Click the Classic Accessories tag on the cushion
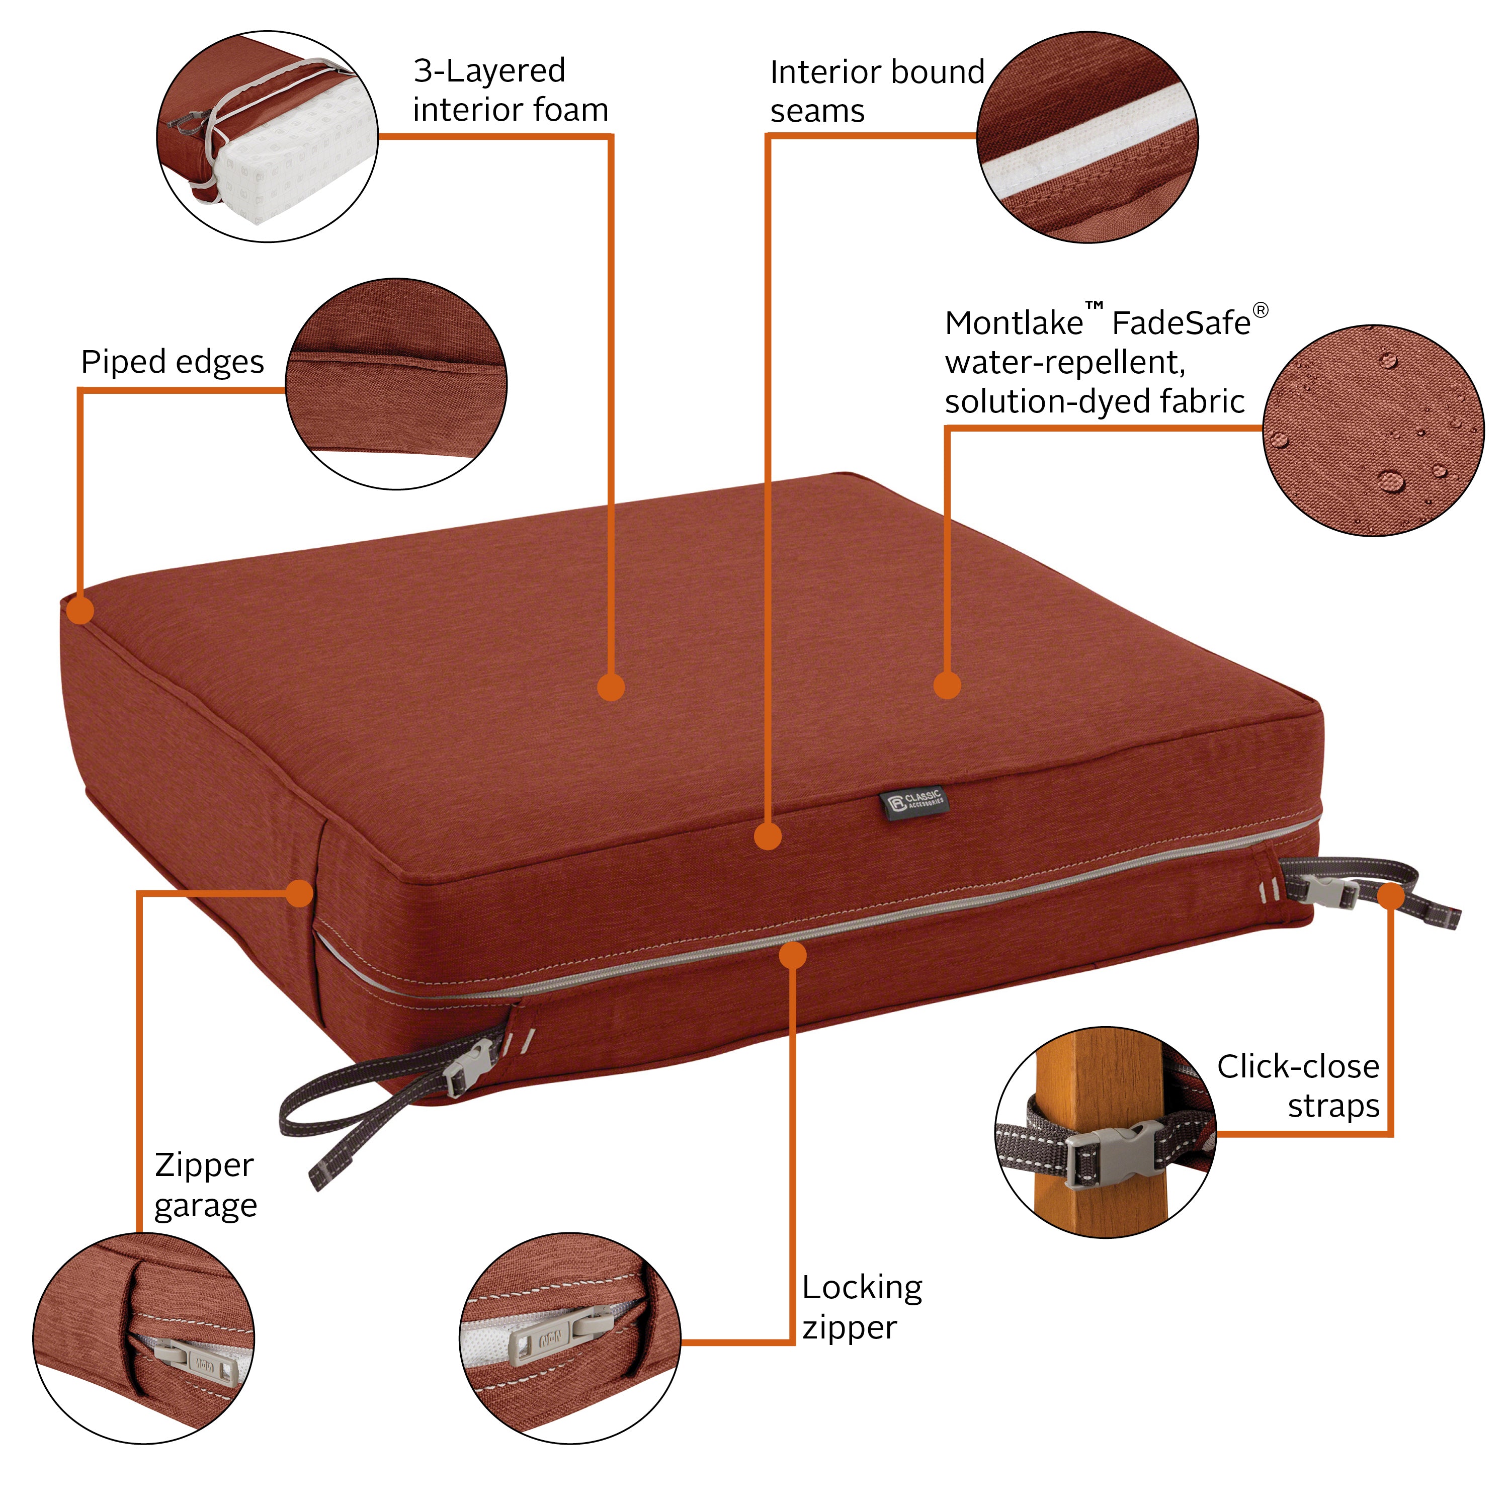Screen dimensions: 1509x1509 point(914,803)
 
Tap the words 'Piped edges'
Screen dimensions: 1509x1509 point(173,362)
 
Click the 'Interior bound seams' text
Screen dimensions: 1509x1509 point(876,91)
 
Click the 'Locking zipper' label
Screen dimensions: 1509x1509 point(862,1307)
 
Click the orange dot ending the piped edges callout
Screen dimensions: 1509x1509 point(79,610)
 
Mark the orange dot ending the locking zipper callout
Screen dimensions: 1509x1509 point(793,955)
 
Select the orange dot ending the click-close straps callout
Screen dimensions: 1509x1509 point(1390,896)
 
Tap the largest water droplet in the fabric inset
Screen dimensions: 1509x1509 point(1390,479)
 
